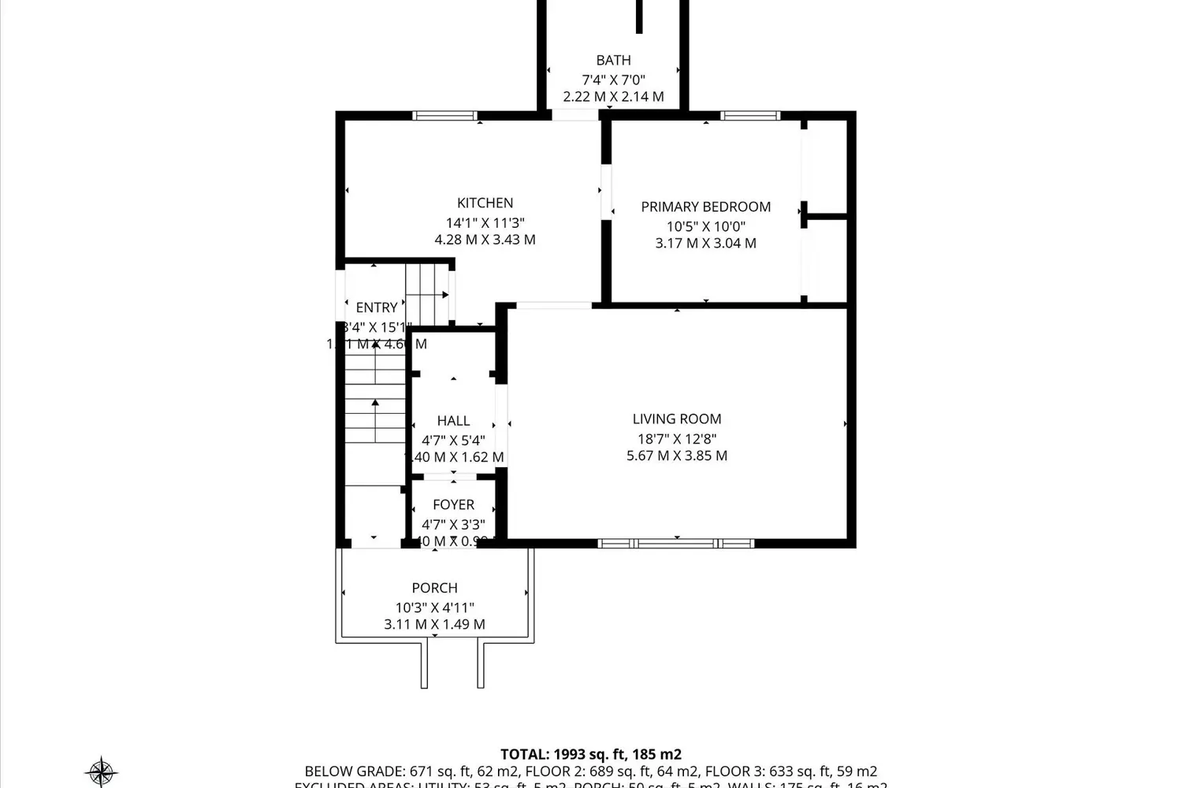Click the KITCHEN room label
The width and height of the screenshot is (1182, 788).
[x=485, y=203]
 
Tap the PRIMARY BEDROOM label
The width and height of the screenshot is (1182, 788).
[x=705, y=207]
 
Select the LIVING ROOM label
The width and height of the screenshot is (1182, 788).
[x=676, y=419]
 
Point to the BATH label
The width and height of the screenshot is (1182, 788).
[x=613, y=61]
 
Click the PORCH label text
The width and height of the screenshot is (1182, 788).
[x=434, y=588]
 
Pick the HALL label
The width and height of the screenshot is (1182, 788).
[x=453, y=422]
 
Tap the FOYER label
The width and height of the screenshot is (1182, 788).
[x=453, y=505]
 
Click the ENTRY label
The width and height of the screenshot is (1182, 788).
[x=376, y=308]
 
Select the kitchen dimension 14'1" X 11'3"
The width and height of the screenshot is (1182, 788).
[x=485, y=223]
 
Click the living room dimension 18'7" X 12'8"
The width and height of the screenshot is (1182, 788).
[x=676, y=439]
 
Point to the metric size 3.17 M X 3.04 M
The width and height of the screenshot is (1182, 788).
[x=705, y=243]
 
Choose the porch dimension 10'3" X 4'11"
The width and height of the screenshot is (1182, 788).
[x=434, y=608]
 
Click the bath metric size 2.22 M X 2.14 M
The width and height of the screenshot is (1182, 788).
[x=613, y=97]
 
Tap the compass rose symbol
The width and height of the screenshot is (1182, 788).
[x=101, y=771]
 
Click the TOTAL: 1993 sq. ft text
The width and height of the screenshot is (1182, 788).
[x=590, y=754]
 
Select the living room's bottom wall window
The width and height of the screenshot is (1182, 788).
[x=676, y=543]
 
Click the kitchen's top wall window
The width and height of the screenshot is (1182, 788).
[x=445, y=116]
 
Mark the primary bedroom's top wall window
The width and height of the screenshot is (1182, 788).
[x=750, y=116]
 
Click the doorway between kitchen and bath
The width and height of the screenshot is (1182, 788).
[x=574, y=116]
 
